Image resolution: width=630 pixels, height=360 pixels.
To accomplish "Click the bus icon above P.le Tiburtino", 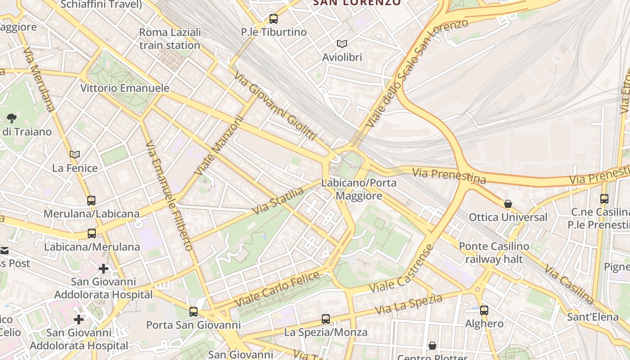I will click(273, 19).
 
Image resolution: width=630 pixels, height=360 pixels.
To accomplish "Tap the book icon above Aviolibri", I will click(342, 44).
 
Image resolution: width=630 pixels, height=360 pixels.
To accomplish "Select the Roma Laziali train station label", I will click(170, 39).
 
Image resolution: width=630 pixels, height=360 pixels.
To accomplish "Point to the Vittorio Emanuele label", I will click(125, 88).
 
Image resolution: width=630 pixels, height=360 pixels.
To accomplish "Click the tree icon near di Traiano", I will click(12, 118).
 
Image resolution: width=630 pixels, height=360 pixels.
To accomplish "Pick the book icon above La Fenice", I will click(75, 155).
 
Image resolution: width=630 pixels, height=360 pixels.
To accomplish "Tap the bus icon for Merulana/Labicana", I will click(91, 200).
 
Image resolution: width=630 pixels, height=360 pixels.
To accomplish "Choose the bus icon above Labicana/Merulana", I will click(92, 233).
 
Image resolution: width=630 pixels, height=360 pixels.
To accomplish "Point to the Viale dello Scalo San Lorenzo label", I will click(416, 72).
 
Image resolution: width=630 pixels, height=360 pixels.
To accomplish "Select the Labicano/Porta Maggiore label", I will click(359, 189).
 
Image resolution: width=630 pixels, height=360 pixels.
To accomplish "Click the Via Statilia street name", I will click(278, 201).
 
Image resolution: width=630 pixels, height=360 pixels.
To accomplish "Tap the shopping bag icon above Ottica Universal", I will click(508, 204).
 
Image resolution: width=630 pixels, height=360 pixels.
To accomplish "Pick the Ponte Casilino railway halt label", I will click(494, 253).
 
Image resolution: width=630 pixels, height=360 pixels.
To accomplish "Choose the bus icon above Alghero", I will click(484, 310).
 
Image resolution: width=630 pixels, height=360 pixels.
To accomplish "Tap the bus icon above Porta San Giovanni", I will click(193, 311).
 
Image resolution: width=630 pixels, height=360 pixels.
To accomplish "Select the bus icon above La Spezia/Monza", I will click(326, 319).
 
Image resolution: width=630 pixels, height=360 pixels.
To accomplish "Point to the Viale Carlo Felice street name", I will click(277, 289).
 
